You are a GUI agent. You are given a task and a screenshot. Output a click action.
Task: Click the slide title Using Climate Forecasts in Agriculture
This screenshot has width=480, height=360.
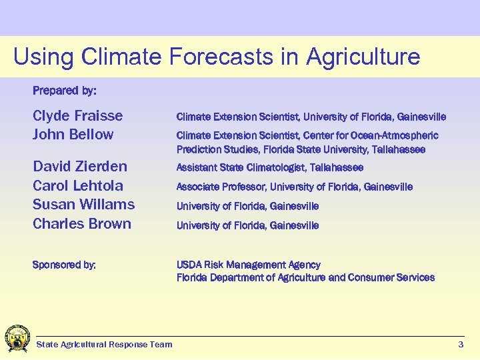217,57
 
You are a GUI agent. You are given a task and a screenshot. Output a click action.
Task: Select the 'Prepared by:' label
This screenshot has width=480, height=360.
64,89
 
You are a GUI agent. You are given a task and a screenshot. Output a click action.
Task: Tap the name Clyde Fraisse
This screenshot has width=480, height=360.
77,116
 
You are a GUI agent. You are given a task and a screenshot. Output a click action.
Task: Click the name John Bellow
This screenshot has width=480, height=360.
73,135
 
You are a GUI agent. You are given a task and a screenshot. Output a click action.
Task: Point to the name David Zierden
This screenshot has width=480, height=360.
79,166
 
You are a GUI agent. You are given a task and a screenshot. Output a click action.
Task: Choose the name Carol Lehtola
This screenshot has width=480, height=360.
77,185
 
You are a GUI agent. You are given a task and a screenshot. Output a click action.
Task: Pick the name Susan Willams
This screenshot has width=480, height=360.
83,205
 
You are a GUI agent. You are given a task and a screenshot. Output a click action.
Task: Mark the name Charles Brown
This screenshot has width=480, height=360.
81,224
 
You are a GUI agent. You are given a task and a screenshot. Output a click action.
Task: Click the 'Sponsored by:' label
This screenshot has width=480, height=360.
64,265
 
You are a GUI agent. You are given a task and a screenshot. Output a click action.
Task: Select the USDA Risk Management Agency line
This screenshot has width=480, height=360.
248,265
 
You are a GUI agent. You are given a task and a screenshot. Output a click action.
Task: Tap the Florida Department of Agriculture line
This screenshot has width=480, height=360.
305,277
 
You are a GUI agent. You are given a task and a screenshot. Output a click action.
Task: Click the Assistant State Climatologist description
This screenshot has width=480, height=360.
269,167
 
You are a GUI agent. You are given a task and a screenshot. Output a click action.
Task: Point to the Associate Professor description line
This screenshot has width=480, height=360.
294,187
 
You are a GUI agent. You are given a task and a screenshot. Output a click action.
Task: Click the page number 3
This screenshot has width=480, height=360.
461,345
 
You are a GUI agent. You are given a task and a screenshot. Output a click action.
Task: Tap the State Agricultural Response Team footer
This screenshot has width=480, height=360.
104,345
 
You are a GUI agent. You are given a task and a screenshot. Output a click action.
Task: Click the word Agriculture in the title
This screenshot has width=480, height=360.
363,57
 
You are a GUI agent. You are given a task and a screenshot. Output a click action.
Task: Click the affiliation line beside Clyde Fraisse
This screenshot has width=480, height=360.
311,117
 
